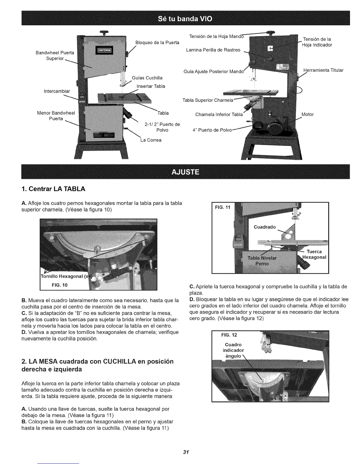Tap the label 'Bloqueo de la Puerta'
157,42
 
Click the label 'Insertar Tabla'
151,86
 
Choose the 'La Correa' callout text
151,140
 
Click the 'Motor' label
308,114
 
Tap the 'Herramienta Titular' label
323,70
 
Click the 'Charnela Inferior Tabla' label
219,114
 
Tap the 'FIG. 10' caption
59,285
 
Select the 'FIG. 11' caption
223,207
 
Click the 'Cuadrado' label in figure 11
265,227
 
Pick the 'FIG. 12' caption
229,335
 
